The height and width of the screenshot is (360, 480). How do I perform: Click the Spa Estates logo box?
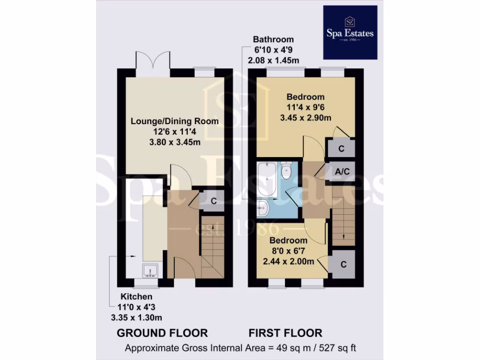tap(350, 32)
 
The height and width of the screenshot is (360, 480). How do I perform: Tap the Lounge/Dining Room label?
tap(175, 121)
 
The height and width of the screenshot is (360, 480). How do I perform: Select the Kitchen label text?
tap(136, 297)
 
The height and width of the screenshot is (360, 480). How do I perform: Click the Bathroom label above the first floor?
tap(273, 39)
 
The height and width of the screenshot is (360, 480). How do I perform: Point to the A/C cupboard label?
tap(342, 171)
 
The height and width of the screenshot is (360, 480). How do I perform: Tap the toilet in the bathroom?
tap(285, 171)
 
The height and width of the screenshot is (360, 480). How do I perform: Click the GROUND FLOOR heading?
tap(162, 333)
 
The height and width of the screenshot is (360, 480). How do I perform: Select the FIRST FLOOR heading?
tap(285, 333)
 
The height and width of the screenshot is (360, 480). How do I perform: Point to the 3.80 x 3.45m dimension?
tap(175, 142)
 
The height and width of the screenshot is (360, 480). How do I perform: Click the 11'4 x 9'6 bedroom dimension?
tap(306, 107)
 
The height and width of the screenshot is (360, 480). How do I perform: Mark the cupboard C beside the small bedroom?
tap(343, 264)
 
